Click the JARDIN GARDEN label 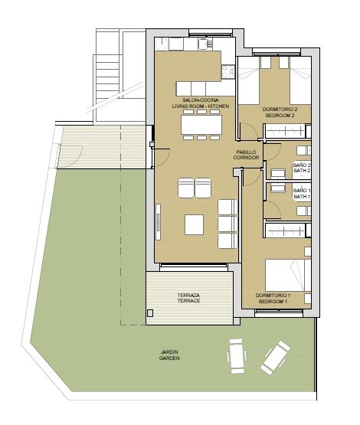point(169,355)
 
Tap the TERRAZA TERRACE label point(188,298)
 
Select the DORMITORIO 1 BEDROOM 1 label point(273,299)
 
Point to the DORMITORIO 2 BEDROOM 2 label point(280,113)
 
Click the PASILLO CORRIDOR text point(246,155)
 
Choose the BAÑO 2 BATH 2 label point(302,168)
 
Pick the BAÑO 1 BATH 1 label point(302,194)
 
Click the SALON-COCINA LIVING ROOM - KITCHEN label point(201,103)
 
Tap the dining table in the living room point(201,125)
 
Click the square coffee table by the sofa point(194,224)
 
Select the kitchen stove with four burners point(228,72)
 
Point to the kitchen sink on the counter point(205,44)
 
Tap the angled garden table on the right point(276,358)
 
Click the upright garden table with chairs point(237,356)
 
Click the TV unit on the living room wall point(158,222)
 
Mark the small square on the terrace point(150,313)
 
